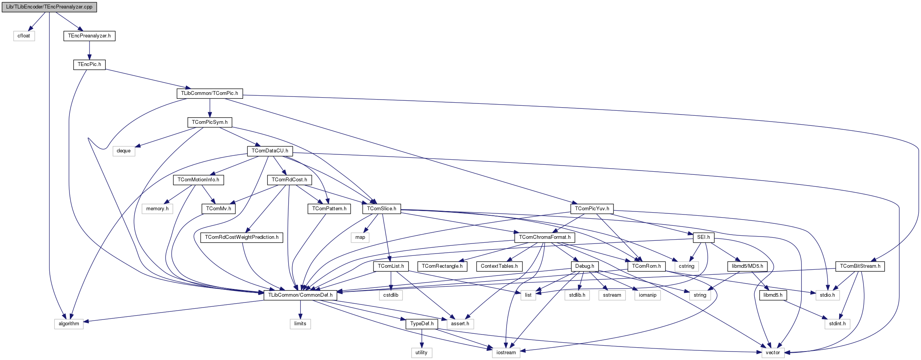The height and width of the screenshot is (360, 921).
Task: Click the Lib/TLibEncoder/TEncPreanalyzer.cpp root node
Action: pyautogui.click(x=49, y=7)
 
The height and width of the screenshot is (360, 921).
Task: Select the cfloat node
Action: pyautogui.click(x=24, y=36)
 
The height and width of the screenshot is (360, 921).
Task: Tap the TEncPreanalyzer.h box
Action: pyautogui.click(x=89, y=36)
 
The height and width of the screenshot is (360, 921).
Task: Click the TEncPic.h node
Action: pyautogui.click(x=89, y=64)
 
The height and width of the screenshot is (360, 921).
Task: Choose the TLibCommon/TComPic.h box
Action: pyautogui.click(x=210, y=93)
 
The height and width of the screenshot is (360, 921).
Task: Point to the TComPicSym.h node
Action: pyautogui.click(x=210, y=122)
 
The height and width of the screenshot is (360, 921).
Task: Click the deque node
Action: pyautogui.click(x=123, y=151)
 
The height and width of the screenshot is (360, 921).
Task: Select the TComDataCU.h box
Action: pyautogui.click(x=270, y=151)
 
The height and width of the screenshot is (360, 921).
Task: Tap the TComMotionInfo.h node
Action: pyautogui.click(x=198, y=180)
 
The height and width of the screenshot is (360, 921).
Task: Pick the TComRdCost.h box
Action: pyautogui.click(x=289, y=180)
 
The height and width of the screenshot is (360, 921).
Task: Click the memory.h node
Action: pyautogui.click(x=157, y=209)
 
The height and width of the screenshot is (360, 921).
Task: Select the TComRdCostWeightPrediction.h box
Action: pyautogui.click(x=242, y=237)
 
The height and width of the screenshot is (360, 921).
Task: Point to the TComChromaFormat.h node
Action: pyautogui.click(x=544, y=237)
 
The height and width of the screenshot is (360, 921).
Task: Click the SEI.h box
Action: pyautogui.click(x=703, y=237)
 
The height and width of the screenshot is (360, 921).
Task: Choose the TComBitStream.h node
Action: pyautogui.click(x=860, y=266)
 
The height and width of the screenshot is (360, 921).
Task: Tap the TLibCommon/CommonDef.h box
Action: pyautogui.click(x=300, y=295)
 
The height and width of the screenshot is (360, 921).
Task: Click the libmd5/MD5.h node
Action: pyautogui.click(x=747, y=266)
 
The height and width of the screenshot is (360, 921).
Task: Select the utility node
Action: pyautogui.click(x=421, y=353)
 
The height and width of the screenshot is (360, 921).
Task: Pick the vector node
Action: pyautogui.click(x=772, y=353)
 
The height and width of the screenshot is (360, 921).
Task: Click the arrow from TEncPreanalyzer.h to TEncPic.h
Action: pyautogui.click(x=89, y=50)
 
